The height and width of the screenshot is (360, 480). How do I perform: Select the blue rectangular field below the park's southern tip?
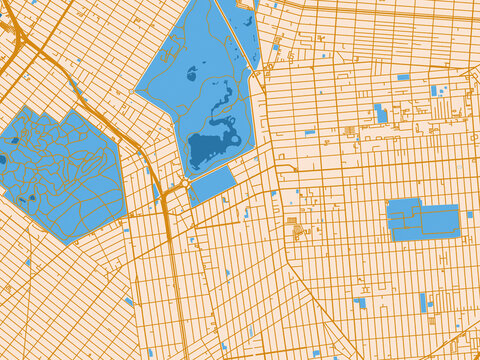[x=212, y=185]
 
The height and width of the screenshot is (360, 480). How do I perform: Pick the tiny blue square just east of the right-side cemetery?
[x=470, y=214]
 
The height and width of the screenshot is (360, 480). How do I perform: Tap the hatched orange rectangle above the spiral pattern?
[x=292, y=220]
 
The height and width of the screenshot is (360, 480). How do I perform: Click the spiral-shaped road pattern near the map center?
[x=298, y=232]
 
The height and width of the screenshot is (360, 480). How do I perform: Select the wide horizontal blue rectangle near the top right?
[x=403, y=76]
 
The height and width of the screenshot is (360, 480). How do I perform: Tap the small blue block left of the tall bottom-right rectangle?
[x=359, y=302]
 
